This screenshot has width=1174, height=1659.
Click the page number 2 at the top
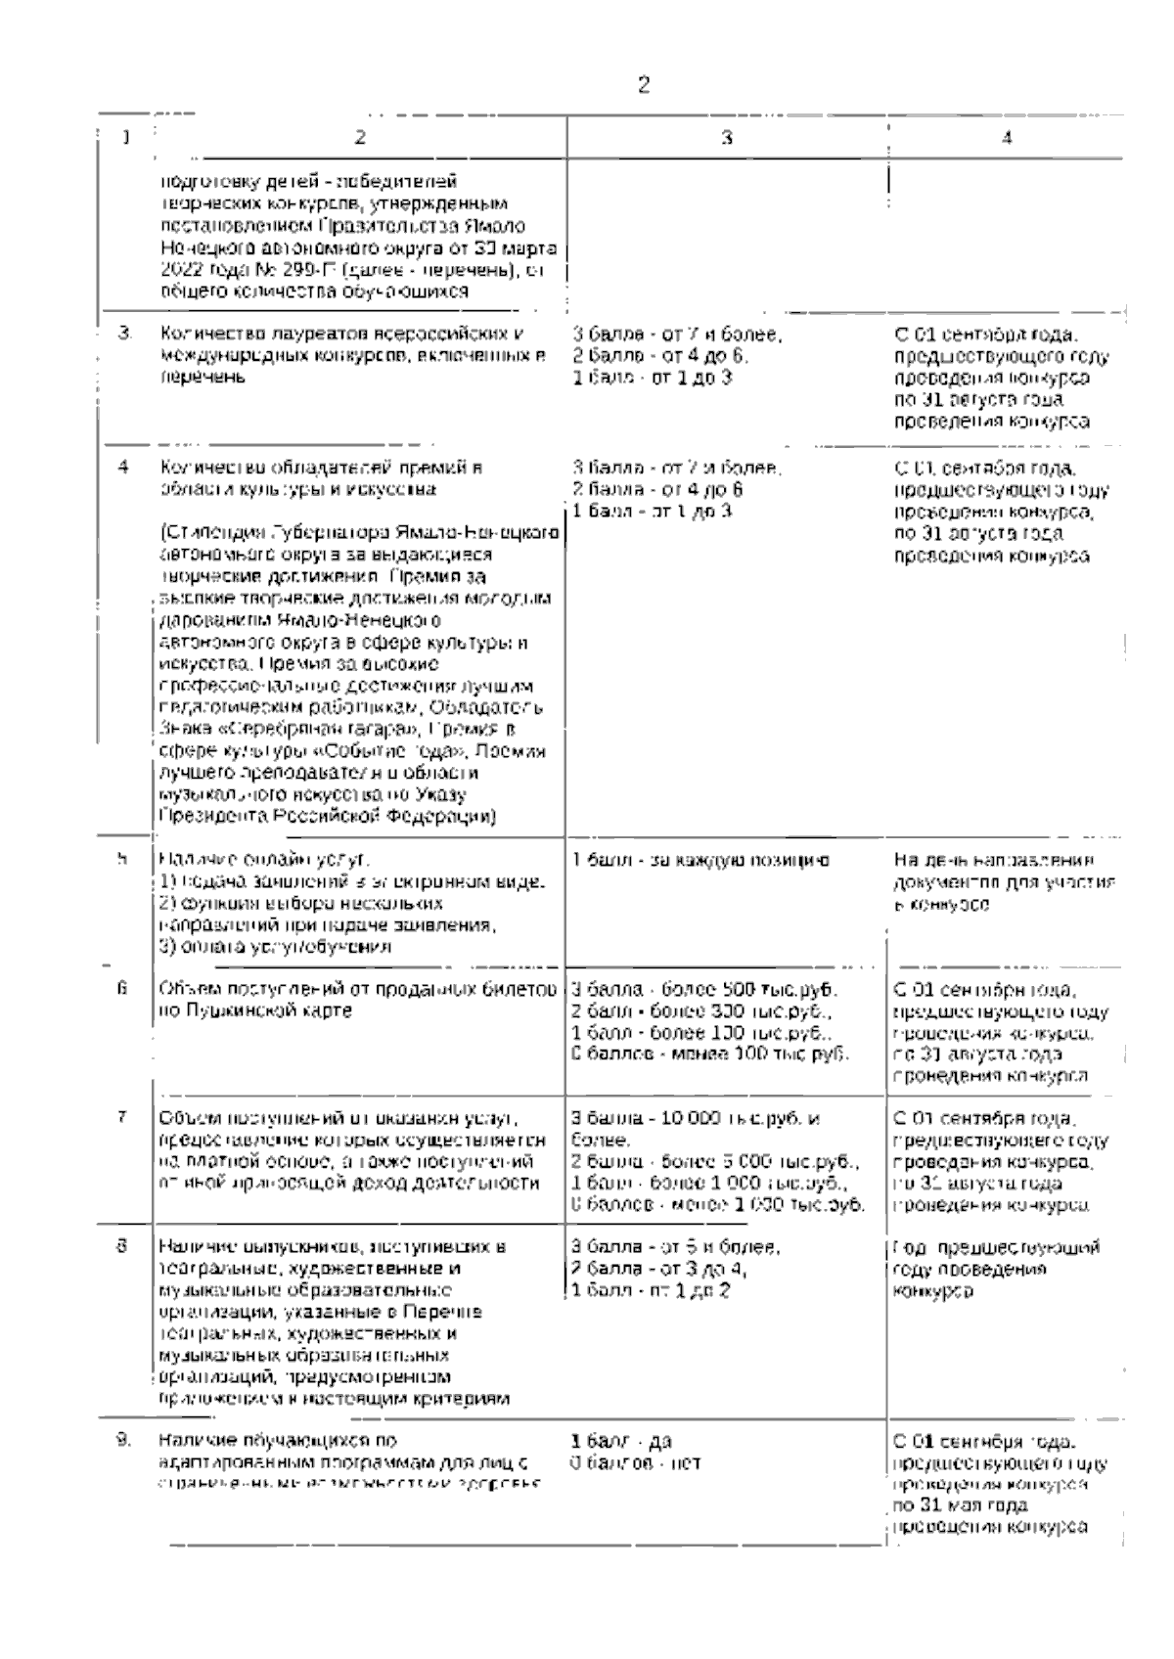click(643, 85)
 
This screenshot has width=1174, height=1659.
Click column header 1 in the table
click(126, 138)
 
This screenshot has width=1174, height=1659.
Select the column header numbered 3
click(726, 138)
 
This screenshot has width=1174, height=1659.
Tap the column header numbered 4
click(1006, 138)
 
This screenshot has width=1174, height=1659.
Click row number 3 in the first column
click(124, 334)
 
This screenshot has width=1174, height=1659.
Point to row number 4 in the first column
click(123, 467)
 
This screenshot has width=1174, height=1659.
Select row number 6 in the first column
click(123, 988)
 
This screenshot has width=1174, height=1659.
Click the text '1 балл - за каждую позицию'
click(700, 860)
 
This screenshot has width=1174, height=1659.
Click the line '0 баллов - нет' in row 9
click(635, 1463)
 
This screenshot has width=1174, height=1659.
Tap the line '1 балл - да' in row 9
click(620, 1442)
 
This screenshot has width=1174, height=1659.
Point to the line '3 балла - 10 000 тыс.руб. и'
click(696, 1118)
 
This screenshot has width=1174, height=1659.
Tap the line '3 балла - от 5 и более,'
click(675, 1247)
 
